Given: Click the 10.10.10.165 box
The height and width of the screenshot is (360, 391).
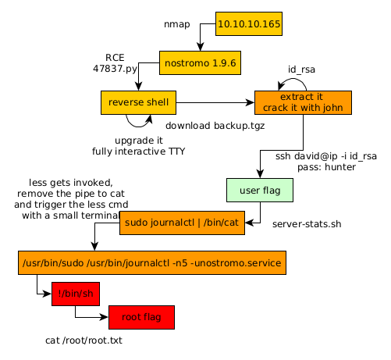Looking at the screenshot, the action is pyautogui.click(x=249, y=23).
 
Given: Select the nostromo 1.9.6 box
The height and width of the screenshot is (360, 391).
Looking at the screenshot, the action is pyautogui.click(x=200, y=62).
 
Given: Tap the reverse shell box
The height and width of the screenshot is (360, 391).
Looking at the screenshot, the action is pyautogui.click(x=138, y=102).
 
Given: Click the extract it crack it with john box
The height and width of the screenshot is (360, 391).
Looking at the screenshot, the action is pyautogui.click(x=303, y=102).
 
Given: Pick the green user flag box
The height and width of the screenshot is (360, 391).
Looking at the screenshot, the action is pyautogui.click(x=260, y=190).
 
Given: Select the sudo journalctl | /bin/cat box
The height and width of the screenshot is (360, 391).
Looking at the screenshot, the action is pyautogui.click(x=182, y=223).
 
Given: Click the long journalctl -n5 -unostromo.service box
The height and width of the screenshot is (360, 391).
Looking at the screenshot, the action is pyautogui.click(x=152, y=262).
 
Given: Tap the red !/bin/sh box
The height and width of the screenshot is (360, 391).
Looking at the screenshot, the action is pyautogui.click(x=76, y=294).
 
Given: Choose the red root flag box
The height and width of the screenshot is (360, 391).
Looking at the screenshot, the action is pyautogui.click(x=141, y=317).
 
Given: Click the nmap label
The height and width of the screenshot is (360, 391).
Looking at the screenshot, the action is pyautogui.click(x=177, y=24).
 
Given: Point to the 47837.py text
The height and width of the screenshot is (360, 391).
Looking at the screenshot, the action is pyautogui.click(x=115, y=69).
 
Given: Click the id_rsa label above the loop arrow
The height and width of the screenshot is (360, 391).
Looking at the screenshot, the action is pyautogui.click(x=301, y=70).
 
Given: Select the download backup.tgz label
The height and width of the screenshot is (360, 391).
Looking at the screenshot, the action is pyautogui.click(x=215, y=126).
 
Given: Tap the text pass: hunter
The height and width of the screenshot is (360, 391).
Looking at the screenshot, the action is pyautogui.click(x=326, y=167).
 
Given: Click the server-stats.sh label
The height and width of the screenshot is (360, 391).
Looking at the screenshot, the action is pyautogui.click(x=307, y=224).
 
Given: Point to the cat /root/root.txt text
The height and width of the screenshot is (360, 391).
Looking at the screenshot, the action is pyautogui.click(x=84, y=340).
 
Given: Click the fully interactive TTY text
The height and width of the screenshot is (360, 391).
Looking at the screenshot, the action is pyautogui.click(x=138, y=151).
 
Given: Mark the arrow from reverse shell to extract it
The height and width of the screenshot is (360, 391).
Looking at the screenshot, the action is pyautogui.click(x=215, y=102).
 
